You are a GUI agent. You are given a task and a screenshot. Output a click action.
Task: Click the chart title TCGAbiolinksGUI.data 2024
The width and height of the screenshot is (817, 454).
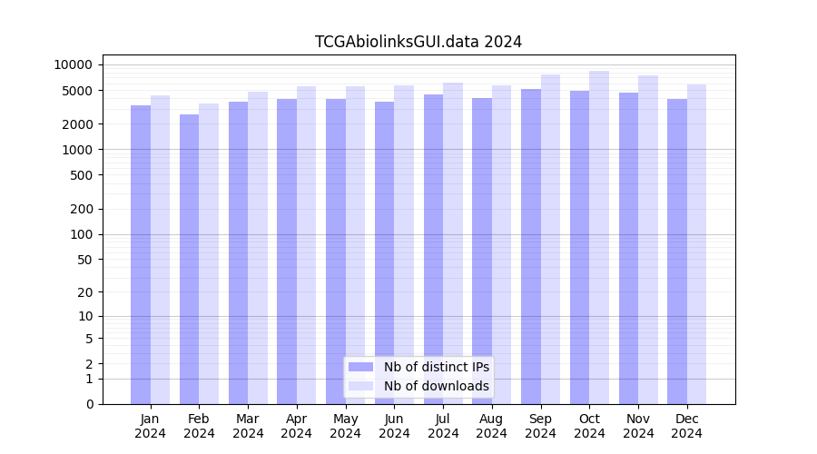pyautogui.click(x=418, y=42)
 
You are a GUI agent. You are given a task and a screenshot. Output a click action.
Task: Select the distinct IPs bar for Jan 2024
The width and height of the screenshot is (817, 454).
pyautogui.click(x=141, y=254)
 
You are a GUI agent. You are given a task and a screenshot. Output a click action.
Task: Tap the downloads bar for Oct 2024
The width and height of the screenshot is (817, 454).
pyautogui.click(x=599, y=237)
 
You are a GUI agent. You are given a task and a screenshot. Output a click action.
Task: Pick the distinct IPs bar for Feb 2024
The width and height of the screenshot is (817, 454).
pyautogui.click(x=190, y=259)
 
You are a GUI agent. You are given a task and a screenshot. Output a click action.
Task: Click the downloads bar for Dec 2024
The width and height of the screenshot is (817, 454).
pyautogui.click(x=696, y=244)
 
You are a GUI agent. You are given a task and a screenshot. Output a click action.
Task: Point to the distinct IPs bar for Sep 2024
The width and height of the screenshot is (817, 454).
pyautogui.click(x=531, y=246)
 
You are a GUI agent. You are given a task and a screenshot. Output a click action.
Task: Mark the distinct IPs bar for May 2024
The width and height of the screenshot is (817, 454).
pyautogui.click(x=336, y=252)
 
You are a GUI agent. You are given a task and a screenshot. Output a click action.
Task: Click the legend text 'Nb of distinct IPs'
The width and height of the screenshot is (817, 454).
pyautogui.click(x=437, y=367)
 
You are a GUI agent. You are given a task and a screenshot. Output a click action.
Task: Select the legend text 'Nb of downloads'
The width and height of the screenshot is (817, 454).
pyautogui.click(x=437, y=386)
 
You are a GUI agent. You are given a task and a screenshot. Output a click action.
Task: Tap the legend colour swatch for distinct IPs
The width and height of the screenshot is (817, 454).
pyautogui.click(x=361, y=367)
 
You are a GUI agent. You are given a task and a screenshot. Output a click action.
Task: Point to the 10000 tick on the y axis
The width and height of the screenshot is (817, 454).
pyautogui.click(x=74, y=64)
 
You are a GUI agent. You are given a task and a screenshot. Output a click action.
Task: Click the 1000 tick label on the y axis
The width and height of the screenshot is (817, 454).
pyautogui.click(x=77, y=150)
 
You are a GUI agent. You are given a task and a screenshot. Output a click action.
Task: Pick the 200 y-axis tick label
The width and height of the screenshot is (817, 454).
pyautogui.click(x=81, y=209)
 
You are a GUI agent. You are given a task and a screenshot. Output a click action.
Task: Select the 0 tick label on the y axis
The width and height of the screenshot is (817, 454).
pyautogui.click(x=89, y=404)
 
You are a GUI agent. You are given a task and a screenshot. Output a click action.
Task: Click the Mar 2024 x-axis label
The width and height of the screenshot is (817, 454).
pyautogui.click(x=248, y=426)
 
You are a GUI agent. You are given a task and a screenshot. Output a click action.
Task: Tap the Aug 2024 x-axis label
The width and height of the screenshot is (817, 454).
pyautogui.click(x=492, y=426)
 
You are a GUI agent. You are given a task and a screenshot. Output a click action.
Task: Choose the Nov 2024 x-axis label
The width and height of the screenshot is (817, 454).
pyautogui.click(x=638, y=426)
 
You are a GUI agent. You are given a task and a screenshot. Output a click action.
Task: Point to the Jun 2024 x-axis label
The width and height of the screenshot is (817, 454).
pyautogui.click(x=394, y=426)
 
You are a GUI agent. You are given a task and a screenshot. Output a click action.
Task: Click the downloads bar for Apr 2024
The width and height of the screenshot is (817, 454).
pyautogui.click(x=307, y=245)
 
